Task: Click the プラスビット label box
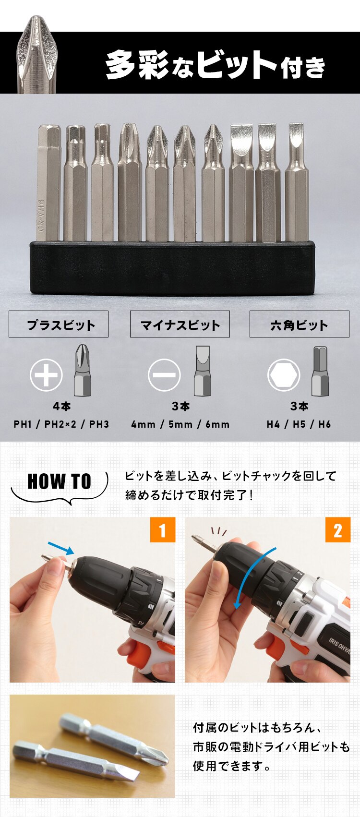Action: (59, 324)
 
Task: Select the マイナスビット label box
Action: (180, 324)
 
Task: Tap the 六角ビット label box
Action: (299, 324)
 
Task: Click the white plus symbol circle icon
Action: (47, 375)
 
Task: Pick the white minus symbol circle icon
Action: (164, 375)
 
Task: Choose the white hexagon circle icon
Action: (284, 375)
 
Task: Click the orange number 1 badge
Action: (163, 530)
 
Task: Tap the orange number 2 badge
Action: (338, 530)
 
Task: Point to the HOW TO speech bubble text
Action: (59, 481)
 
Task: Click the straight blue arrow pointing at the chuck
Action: (61, 548)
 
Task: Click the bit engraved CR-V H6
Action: (48, 182)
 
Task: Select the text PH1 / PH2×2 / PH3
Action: (61, 424)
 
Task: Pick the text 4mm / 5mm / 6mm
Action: (180, 424)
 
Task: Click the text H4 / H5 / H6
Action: (299, 424)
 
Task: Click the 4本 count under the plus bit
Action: (62, 407)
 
